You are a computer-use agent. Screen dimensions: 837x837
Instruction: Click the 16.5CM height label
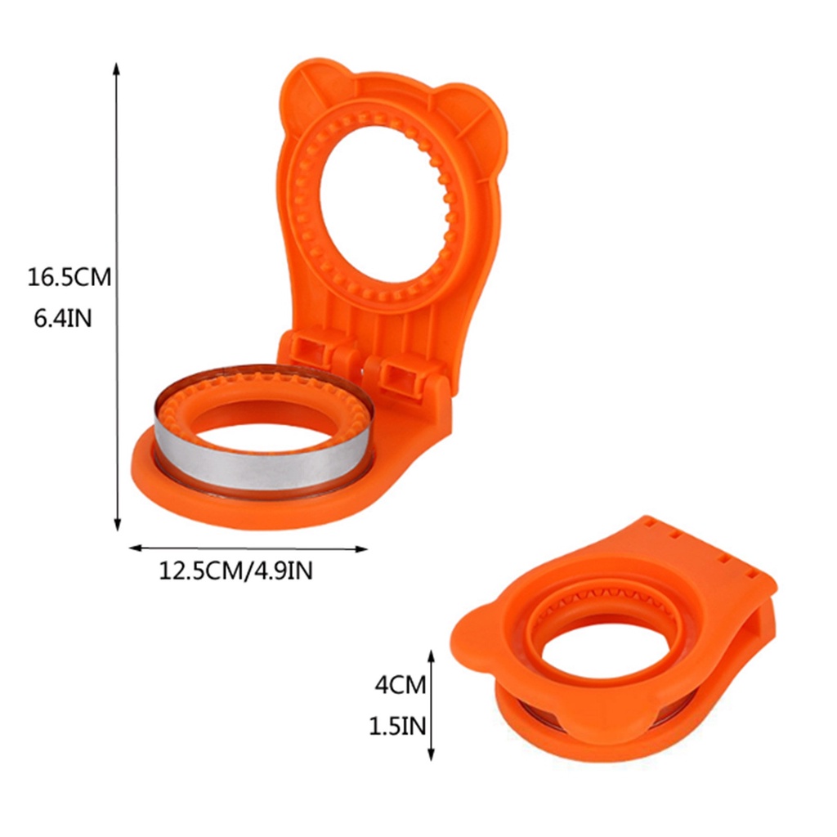click(x=69, y=278)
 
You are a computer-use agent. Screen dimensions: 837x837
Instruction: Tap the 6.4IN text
click(x=63, y=319)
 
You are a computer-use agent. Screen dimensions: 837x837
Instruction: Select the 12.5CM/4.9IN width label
click(x=235, y=571)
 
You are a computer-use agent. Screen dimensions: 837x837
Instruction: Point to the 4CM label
click(x=401, y=685)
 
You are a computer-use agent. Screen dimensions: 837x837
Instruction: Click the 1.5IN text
click(x=398, y=726)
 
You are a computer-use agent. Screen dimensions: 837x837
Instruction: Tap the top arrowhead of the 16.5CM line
click(x=116, y=69)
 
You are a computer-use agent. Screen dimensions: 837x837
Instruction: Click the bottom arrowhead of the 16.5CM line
click(x=118, y=526)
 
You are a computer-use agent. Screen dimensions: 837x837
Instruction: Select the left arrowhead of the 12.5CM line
click(x=137, y=547)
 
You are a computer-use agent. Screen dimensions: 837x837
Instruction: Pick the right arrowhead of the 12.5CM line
click(x=361, y=548)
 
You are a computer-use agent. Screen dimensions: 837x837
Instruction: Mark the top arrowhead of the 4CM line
click(x=432, y=656)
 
